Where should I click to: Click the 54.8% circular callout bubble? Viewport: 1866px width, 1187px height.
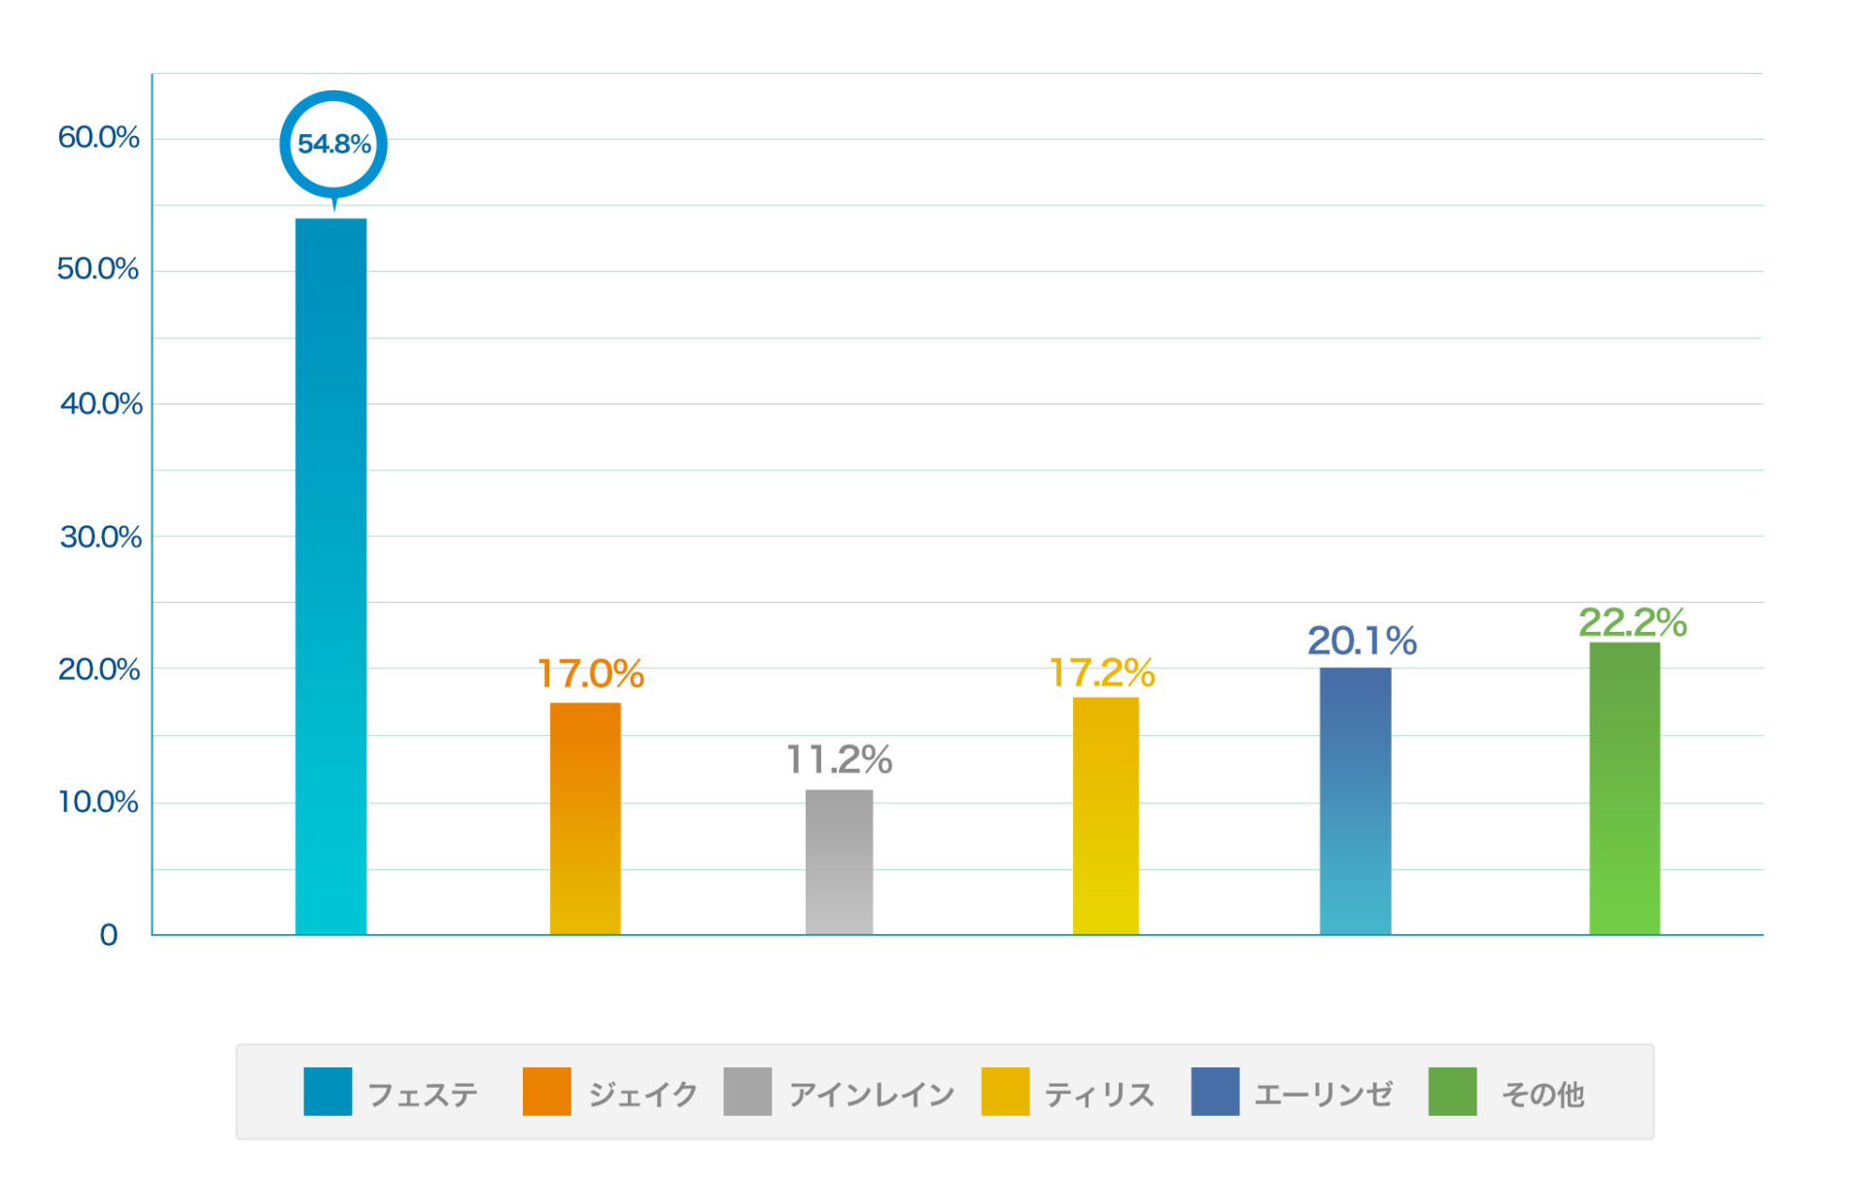pos(333,144)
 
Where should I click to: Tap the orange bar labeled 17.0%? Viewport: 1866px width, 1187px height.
pos(585,818)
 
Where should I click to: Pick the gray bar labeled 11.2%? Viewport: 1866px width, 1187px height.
pos(839,861)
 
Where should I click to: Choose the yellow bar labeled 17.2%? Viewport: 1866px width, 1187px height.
pos(1105,816)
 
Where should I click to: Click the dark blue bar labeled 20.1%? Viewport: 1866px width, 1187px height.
pos(1355,800)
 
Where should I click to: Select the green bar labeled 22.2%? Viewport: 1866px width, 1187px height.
pos(1624,787)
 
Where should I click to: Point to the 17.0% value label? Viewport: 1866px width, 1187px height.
pos(591,673)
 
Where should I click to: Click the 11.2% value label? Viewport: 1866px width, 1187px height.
pos(839,759)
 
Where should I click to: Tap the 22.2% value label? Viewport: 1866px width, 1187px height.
pos(1632,622)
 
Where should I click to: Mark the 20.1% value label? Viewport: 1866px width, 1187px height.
pos(1362,641)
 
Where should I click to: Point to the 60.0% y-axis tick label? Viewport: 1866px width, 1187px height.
pos(98,137)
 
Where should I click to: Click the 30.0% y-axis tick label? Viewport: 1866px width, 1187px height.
pos(100,537)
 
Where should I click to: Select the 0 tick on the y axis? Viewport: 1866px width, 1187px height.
pos(108,935)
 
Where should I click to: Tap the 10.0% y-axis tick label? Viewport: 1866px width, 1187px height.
pos(98,802)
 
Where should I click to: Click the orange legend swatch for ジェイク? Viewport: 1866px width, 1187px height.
pos(546,1091)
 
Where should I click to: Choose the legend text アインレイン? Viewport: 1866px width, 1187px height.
pos(872,1095)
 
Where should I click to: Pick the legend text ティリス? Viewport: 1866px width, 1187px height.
pos(1099,1095)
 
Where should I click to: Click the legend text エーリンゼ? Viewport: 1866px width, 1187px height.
pos(1323,1095)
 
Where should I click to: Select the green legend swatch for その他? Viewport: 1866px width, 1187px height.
pos(1452,1091)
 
